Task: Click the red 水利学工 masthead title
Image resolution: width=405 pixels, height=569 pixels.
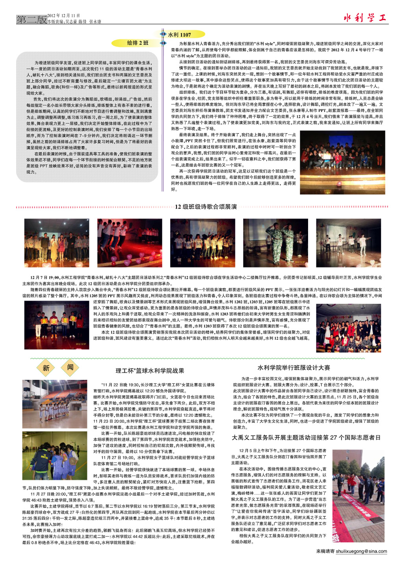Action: pyautogui.click(x=365, y=18)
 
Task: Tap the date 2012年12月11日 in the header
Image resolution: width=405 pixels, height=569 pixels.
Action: pyautogui.click(x=63, y=16)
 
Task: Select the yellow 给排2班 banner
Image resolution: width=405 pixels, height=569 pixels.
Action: pyautogui.click(x=137, y=43)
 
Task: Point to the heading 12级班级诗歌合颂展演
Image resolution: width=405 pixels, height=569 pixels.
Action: pyautogui.click(x=206, y=207)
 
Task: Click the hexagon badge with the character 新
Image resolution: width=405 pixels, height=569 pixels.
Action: pyautogui.click(x=46, y=368)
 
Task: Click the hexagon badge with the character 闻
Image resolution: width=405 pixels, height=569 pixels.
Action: pyautogui.click(x=70, y=367)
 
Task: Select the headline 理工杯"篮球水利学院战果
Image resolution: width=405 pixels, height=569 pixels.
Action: pyautogui.click(x=150, y=371)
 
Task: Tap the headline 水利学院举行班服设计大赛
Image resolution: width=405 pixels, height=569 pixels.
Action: pyautogui.click(x=294, y=368)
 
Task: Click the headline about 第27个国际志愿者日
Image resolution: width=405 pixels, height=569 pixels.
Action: pyautogui.click(x=306, y=437)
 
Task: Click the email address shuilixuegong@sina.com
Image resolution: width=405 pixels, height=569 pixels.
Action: pyautogui.click(x=361, y=551)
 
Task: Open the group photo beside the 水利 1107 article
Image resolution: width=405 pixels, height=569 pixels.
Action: pyautogui.click(x=342, y=162)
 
